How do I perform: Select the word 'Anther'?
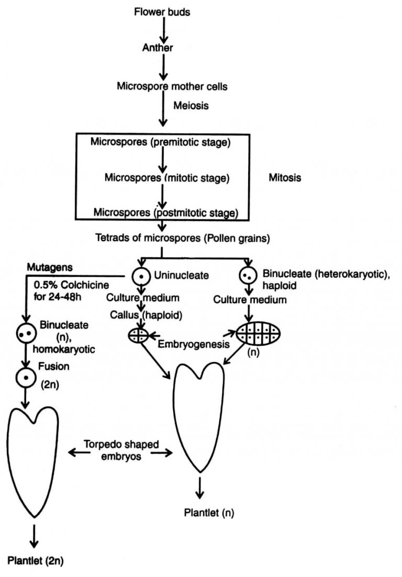(x=158, y=48)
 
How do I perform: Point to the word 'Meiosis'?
(x=191, y=106)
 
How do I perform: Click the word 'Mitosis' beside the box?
(x=285, y=177)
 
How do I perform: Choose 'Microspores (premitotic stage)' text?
(x=161, y=142)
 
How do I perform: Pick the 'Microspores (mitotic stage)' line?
(x=167, y=178)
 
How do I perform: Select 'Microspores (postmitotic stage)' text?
(x=166, y=213)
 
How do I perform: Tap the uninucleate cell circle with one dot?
(x=140, y=275)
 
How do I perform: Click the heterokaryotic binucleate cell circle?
(x=246, y=274)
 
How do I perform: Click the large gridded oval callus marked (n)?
(x=258, y=333)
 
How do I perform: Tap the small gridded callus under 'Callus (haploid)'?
(x=139, y=335)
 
